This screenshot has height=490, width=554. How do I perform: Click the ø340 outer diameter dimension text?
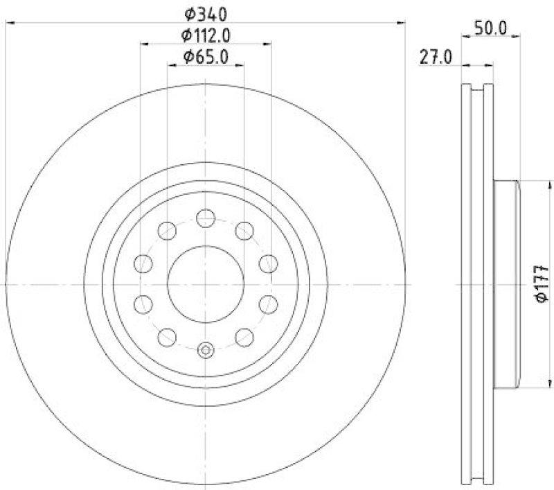click(x=205, y=12)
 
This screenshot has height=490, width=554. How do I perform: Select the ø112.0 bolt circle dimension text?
click(x=205, y=35)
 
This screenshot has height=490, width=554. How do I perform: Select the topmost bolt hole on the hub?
click(x=206, y=218)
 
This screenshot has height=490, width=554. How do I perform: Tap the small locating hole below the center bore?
click(x=206, y=351)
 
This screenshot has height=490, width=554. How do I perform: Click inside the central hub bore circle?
click(x=206, y=284)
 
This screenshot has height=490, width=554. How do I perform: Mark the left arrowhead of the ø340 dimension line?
click(x=8, y=23)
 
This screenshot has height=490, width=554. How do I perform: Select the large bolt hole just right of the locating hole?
click(x=244, y=337)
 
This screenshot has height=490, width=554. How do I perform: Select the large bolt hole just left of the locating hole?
click(x=168, y=337)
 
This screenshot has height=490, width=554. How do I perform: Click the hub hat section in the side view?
click(x=506, y=284)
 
